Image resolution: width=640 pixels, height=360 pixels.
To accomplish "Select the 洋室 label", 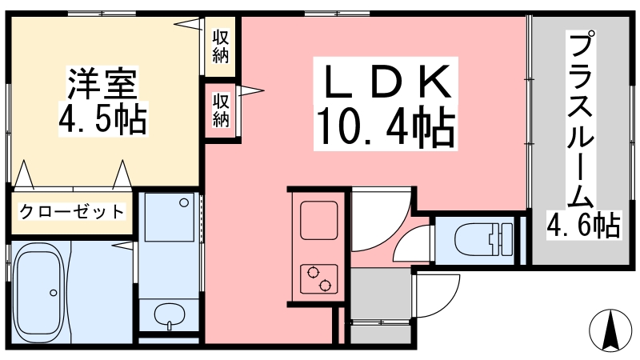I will [x=102, y=83].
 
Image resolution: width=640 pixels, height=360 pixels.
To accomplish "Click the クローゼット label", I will [x=71, y=212].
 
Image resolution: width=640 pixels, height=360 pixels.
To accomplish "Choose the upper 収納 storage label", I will [x=222, y=46].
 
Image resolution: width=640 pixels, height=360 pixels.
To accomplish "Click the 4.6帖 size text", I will [x=583, y=225].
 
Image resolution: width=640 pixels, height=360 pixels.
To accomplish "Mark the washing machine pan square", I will [x=169, y=217].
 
